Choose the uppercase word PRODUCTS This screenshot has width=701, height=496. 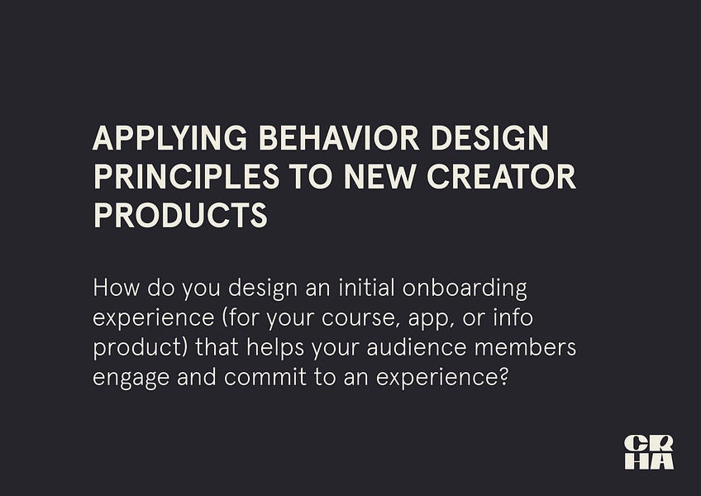point(180,215)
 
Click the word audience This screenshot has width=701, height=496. point(425,347)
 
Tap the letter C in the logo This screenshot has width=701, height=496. point(636,443)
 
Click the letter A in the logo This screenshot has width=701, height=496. point(661,461)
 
